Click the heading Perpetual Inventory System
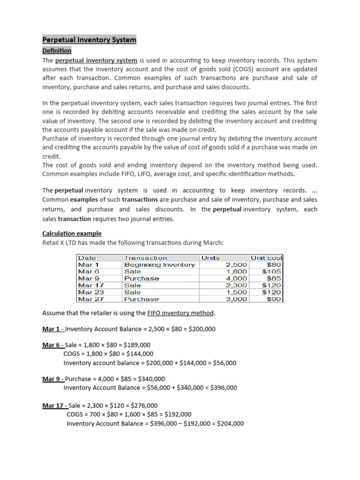(89, 40)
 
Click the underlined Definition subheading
(57, 51)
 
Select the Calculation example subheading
(72, 233)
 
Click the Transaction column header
(145, 258)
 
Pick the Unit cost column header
(267, 258)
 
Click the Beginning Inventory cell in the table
(159, 265)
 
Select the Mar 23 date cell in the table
(91, 292)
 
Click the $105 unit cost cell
(271, 271)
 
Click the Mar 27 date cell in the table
(91, 299)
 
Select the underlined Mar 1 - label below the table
(53, 329)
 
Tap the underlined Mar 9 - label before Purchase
(53, 379)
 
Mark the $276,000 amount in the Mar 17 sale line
(142, 405)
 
